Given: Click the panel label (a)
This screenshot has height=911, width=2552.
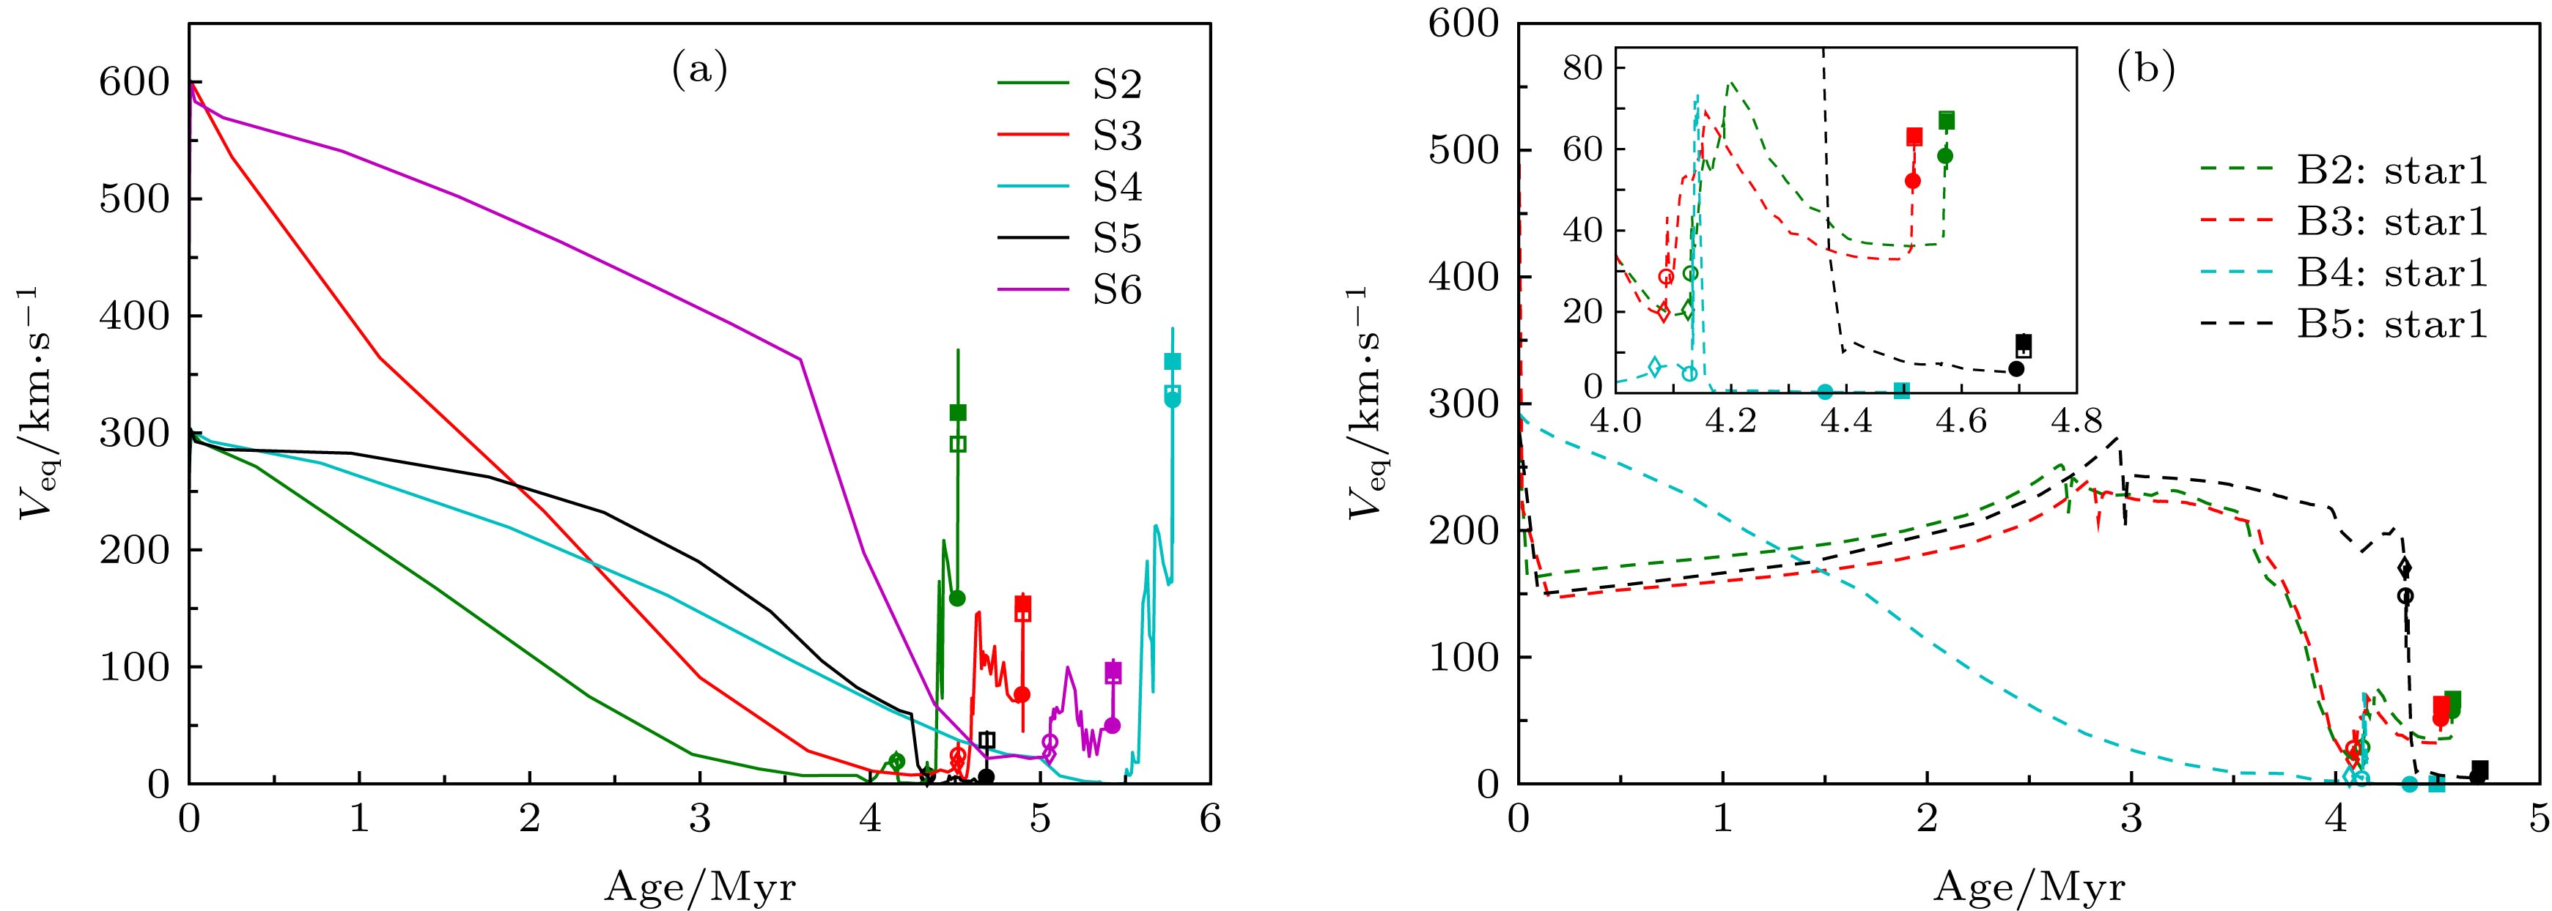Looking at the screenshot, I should point(699,70).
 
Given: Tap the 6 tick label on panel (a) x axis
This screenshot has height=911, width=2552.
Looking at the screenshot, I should point(1209,820).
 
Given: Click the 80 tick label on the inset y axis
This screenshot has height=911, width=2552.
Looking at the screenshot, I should point(1581,68).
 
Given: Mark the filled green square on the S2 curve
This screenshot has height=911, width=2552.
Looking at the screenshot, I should point(958,412).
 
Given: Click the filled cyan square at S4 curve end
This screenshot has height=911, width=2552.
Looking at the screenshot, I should point(1172,362).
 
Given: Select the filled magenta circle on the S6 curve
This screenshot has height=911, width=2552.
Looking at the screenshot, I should point(1112,725).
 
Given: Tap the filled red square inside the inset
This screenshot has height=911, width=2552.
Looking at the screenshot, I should point(1914,137).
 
